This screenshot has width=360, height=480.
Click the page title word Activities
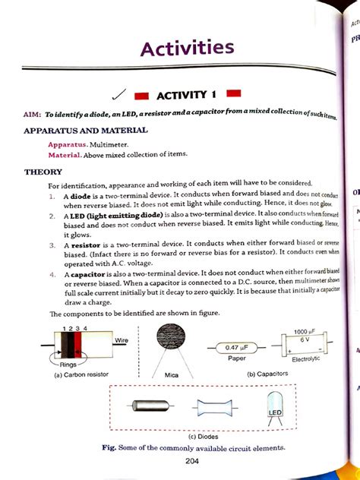coord(187,49)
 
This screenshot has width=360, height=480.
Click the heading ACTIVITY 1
coord(187,95)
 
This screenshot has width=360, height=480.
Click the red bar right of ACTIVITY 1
coord(233,93)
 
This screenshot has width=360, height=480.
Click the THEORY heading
coord(43,172)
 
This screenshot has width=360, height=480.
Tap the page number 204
coord(179,462)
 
